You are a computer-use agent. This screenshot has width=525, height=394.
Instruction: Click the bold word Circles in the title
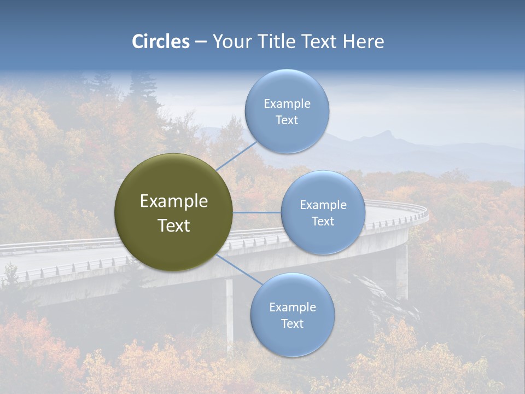(x=161, y=42)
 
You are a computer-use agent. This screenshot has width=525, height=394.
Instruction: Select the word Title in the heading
(x=276, y=42)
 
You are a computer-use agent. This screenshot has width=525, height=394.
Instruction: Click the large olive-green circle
(x=174, y=212)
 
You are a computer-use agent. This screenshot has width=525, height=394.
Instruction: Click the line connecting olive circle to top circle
(x=236, y=156)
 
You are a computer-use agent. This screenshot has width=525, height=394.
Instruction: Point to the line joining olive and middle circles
(x=257, y=212)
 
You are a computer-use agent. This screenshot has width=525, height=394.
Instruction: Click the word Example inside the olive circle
(x=174, y=201)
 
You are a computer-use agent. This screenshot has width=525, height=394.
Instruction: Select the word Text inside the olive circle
(x=174, y=225)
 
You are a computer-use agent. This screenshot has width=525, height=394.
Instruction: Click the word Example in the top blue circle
(x=287, y=104)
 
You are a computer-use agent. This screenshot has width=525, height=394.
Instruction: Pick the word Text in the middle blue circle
(x=323, y=222)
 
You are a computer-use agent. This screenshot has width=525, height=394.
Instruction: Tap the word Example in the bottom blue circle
(x=292, y=308)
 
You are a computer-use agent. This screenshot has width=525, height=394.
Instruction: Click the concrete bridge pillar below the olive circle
(x=229, y=312)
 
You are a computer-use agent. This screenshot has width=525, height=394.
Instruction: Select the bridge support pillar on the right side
(x=402, y=271)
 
